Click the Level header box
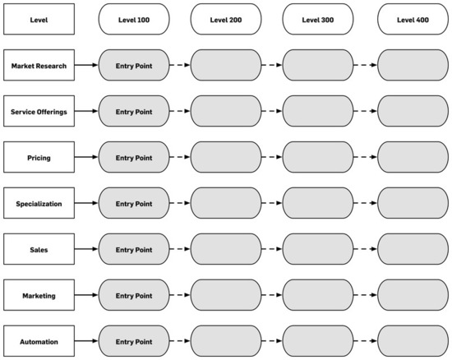click(39, 19)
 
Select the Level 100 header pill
click(134, 19)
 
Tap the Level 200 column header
click(226, 19)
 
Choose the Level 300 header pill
click(318, 19)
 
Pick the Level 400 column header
click(413, 19)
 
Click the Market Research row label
click(39, 65)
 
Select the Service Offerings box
click(39, 111)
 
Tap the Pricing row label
click(39, 157)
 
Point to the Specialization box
click(39, 203)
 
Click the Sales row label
click(39, 249)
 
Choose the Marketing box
click(39, 295)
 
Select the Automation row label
click(39, 341)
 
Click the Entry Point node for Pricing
click(134, 157)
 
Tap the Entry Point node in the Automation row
click(134, 341)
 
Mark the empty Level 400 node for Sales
click(413, 249)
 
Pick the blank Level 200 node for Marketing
click(226, 295)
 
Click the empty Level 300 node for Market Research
click(318, 65)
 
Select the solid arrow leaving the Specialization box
click(86, 203)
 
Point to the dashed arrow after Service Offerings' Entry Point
click(180, 111)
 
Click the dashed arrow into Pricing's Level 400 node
click(366, 157)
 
